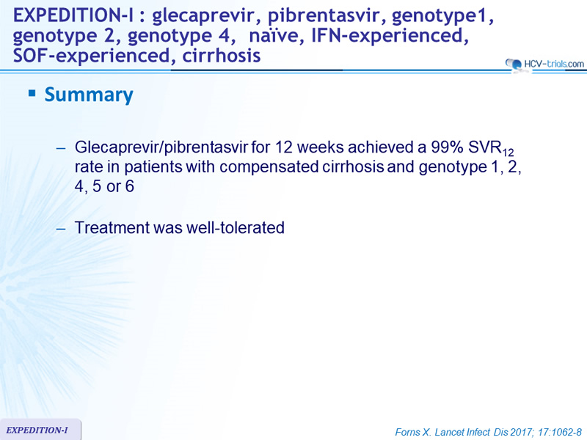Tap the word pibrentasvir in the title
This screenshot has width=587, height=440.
coord(325,15)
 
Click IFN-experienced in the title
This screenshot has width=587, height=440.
coord(390,36)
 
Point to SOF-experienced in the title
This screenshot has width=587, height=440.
coord(92,56)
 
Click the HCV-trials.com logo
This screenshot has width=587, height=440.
coord(544,64)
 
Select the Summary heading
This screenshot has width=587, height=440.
coord(89,95)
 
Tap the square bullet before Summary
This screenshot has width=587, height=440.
coord(32,93)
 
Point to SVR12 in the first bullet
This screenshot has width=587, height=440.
coord(491,148)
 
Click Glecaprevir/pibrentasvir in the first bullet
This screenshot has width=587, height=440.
coord(161,147)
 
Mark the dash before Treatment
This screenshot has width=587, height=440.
coord(61,228)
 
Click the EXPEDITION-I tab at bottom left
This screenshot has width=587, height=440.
coord(40,430)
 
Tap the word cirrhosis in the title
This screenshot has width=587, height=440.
coord(222,56)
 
